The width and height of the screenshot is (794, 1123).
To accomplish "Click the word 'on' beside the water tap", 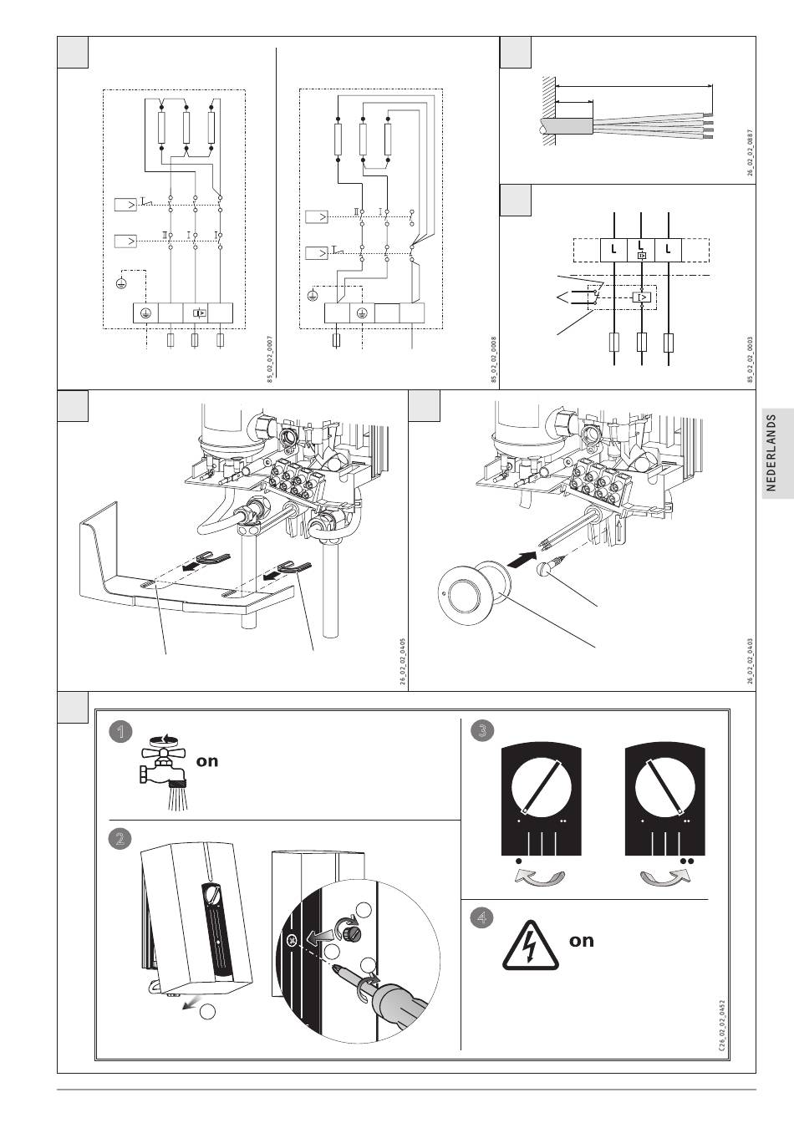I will (x=207, y=761).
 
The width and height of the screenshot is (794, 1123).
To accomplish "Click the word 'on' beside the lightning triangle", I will (x=581, y=941).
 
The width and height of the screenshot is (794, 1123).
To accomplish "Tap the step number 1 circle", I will (x=121, y=732).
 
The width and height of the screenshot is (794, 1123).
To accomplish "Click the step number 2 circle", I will (x=121, y=839).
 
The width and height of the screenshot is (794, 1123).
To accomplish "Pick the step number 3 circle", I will (x=481, y=731).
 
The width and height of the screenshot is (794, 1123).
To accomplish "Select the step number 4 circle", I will (x=481, y=917).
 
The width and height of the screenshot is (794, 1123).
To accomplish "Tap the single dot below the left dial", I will (x=519, y=859).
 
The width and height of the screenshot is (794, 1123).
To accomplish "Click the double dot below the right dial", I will (x=687, y=859).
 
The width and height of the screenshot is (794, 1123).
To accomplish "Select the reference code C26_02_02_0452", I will (x=721, y=1029).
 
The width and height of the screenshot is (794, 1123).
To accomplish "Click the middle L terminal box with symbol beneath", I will (x=641, y=249).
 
